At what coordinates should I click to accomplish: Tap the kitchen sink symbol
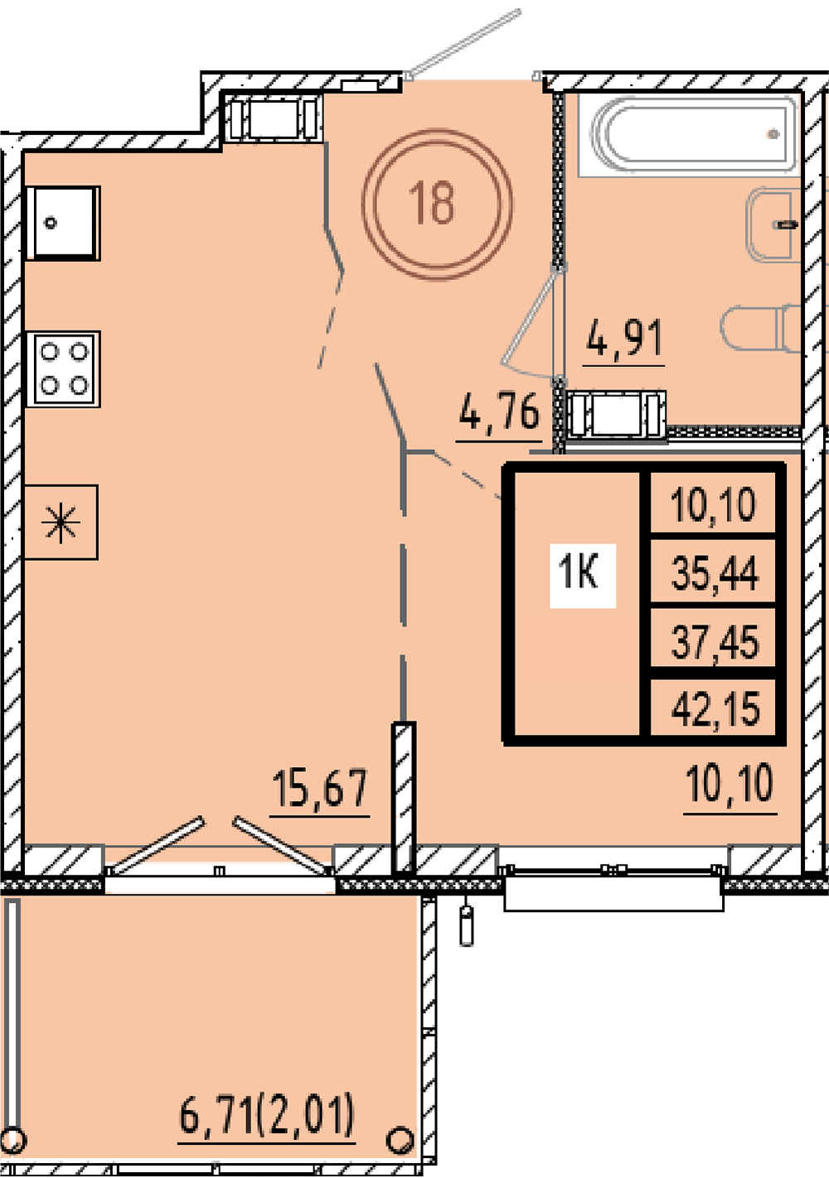click(63, 223)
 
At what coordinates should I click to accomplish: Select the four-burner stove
click(64, 369)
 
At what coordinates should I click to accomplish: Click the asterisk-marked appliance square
click(61, 522)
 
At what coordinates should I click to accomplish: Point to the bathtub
click(689, 134)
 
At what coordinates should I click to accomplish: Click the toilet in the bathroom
click(760, 328)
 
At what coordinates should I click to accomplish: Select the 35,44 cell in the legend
click(715, 572)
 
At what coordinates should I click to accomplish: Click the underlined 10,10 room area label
click(730, 784)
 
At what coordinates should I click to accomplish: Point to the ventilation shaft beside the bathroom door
click(615, 413)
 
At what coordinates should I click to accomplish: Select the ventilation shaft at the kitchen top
click(274, 119)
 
